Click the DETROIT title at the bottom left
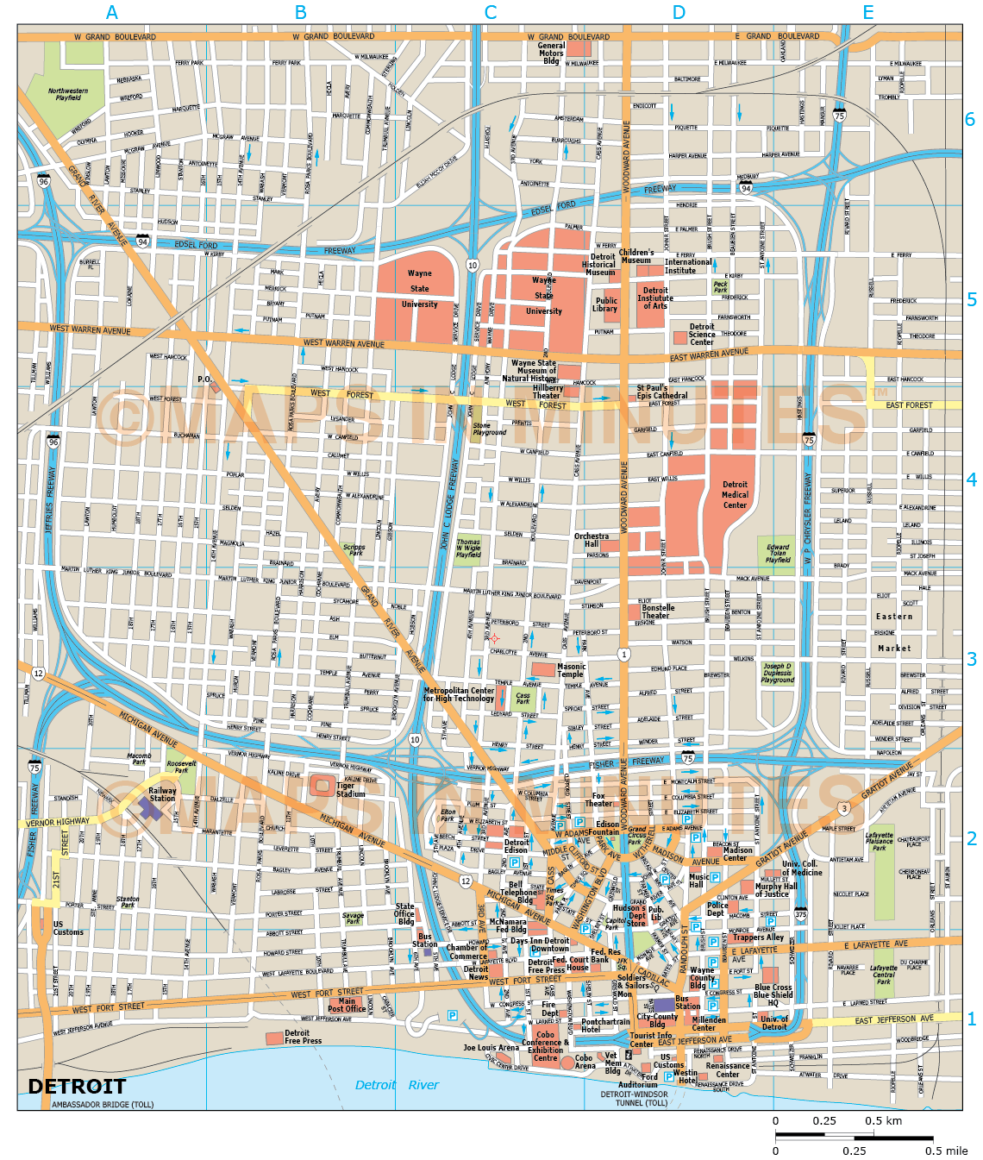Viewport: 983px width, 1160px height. (77, 1086)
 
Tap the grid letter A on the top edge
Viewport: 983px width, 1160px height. (111, 12)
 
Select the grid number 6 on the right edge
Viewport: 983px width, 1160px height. (970, 120)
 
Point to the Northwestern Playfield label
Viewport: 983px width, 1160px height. (68, 94)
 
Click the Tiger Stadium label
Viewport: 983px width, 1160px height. (350, 789)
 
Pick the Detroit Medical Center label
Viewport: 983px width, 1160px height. (735, 495)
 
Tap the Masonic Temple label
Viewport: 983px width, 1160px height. (571, 670)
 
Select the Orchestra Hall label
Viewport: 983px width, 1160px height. (592, 540)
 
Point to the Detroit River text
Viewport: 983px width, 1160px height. (397, 1085)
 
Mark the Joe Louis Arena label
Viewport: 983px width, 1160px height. (491, 1048)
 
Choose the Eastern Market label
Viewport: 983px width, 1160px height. (894, 632)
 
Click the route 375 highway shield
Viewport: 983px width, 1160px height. (800, 915)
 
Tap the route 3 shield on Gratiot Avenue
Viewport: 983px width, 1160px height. (843, 808)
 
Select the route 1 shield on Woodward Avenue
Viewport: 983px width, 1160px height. (623, 655)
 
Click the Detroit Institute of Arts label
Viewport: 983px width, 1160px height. (655, 298)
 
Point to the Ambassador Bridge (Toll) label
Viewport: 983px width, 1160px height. (103, 1105)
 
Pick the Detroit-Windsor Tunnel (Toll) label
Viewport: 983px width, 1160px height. (634, 1098)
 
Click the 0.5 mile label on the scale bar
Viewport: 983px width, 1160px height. (946, 1151)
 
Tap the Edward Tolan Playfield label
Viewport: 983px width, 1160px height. (778, 553)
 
